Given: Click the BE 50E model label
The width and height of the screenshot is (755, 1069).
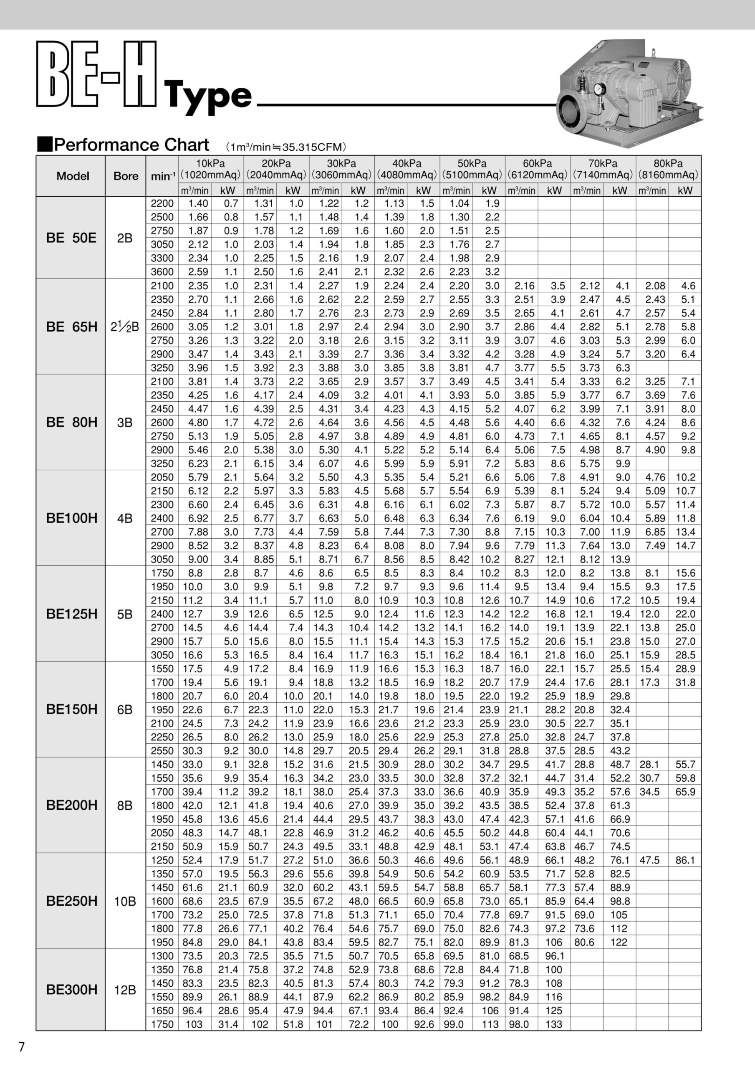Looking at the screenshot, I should tap(71, 238).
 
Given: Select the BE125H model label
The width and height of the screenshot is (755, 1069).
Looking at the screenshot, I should tap(72, 614).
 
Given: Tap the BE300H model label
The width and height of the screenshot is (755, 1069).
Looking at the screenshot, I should tap(72, 989).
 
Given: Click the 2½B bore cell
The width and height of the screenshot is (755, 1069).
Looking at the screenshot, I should tap(125, 327).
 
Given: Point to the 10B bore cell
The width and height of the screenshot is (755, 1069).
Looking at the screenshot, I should tap(125, 902).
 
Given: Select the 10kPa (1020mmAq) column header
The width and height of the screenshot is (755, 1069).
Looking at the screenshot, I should tap(210, 169).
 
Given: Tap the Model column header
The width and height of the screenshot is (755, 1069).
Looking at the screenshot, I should tap(73, 176).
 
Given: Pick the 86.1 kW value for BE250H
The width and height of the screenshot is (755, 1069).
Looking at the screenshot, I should tap(685, 860).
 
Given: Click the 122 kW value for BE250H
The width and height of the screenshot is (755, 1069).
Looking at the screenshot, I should tap(619, 942).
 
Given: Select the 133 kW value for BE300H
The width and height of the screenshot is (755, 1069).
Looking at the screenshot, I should tap(554, 1024).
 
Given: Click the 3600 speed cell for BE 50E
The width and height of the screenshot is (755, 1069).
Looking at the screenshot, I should tap(162, 272).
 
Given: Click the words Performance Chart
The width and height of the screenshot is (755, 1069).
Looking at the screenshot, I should tap(131, 145).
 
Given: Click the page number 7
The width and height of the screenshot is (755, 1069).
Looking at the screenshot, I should tap(21, 1047).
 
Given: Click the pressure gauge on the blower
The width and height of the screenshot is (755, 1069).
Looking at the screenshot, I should tap(598, 88).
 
